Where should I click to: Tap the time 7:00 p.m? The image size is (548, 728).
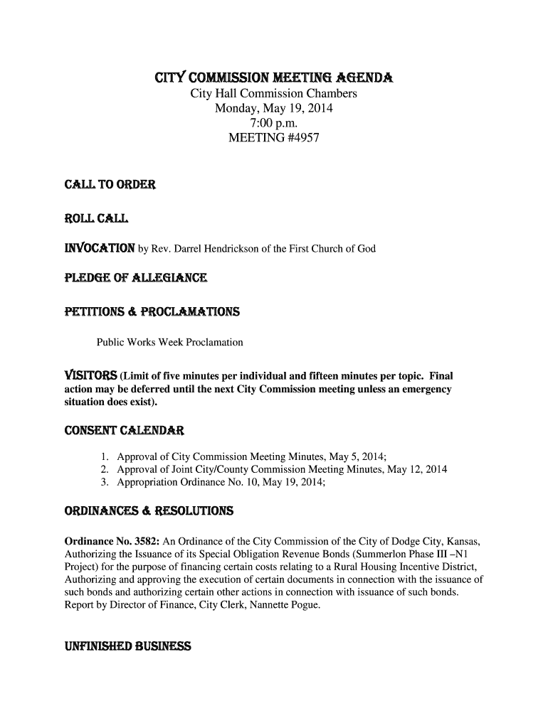(273, 124)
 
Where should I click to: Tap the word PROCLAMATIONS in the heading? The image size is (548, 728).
(196, 311)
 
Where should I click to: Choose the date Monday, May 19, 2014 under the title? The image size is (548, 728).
(273, 109)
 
